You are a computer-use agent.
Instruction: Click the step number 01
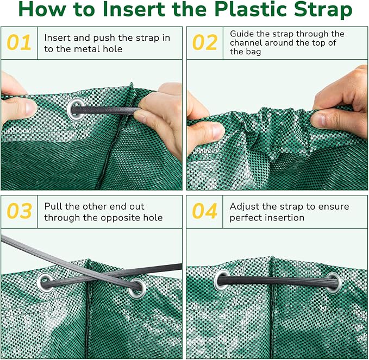(x=19, y=43)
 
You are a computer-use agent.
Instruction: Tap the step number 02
(x=205, y=43)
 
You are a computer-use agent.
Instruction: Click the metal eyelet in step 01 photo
(x=76, y=109)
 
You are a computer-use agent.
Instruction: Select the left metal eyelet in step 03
(x=45, y=281)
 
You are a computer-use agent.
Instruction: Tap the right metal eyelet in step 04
(x=334, y=282)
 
